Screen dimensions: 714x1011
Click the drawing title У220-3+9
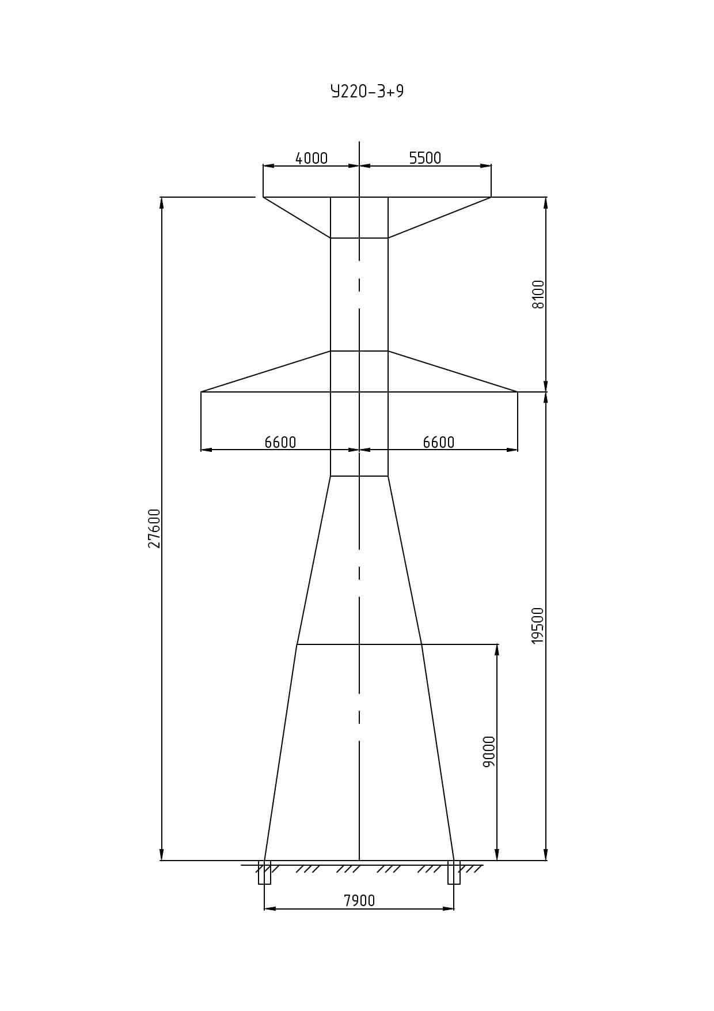[367, 92]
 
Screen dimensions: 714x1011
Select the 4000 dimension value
[312, 158]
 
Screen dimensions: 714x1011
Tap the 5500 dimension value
[425, 158]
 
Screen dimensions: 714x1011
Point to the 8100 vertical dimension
[538, 295]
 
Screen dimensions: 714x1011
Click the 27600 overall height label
[154, 528]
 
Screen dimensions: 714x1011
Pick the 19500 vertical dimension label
[538, 625]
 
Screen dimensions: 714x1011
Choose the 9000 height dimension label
[489, 752]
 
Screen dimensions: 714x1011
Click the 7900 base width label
[359, 900]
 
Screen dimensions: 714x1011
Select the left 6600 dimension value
[280, 442]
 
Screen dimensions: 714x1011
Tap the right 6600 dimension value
[439, 442]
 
